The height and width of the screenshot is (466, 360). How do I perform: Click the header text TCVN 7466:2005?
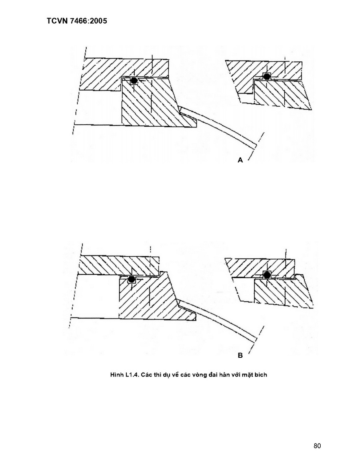click(x=77, y=21)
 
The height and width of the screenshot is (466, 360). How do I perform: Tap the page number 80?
click(x=317, y=446)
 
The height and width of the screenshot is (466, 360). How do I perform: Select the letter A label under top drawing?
click(x=240, y=160)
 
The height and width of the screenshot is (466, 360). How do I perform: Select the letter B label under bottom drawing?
click(x=240, y=355)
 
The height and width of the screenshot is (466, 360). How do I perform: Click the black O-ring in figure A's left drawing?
click(x=134, y=80)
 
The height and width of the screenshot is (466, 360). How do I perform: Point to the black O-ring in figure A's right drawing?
click(x=267, y=76)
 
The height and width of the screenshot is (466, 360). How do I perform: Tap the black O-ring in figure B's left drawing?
click(x=131, y=280)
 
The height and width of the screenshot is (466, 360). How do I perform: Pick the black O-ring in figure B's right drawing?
click(x=267, y=275)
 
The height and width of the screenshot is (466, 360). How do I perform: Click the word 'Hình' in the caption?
click(x=117, y=375)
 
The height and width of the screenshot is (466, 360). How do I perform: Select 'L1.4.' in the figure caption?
click(x=132, y=375)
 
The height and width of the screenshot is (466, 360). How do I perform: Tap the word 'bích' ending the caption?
click(x=261, y=375)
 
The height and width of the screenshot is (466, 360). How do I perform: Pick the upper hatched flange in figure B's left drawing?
click(x=119, y=265)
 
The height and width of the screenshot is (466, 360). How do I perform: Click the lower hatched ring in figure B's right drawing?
click(x=282, y=291)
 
